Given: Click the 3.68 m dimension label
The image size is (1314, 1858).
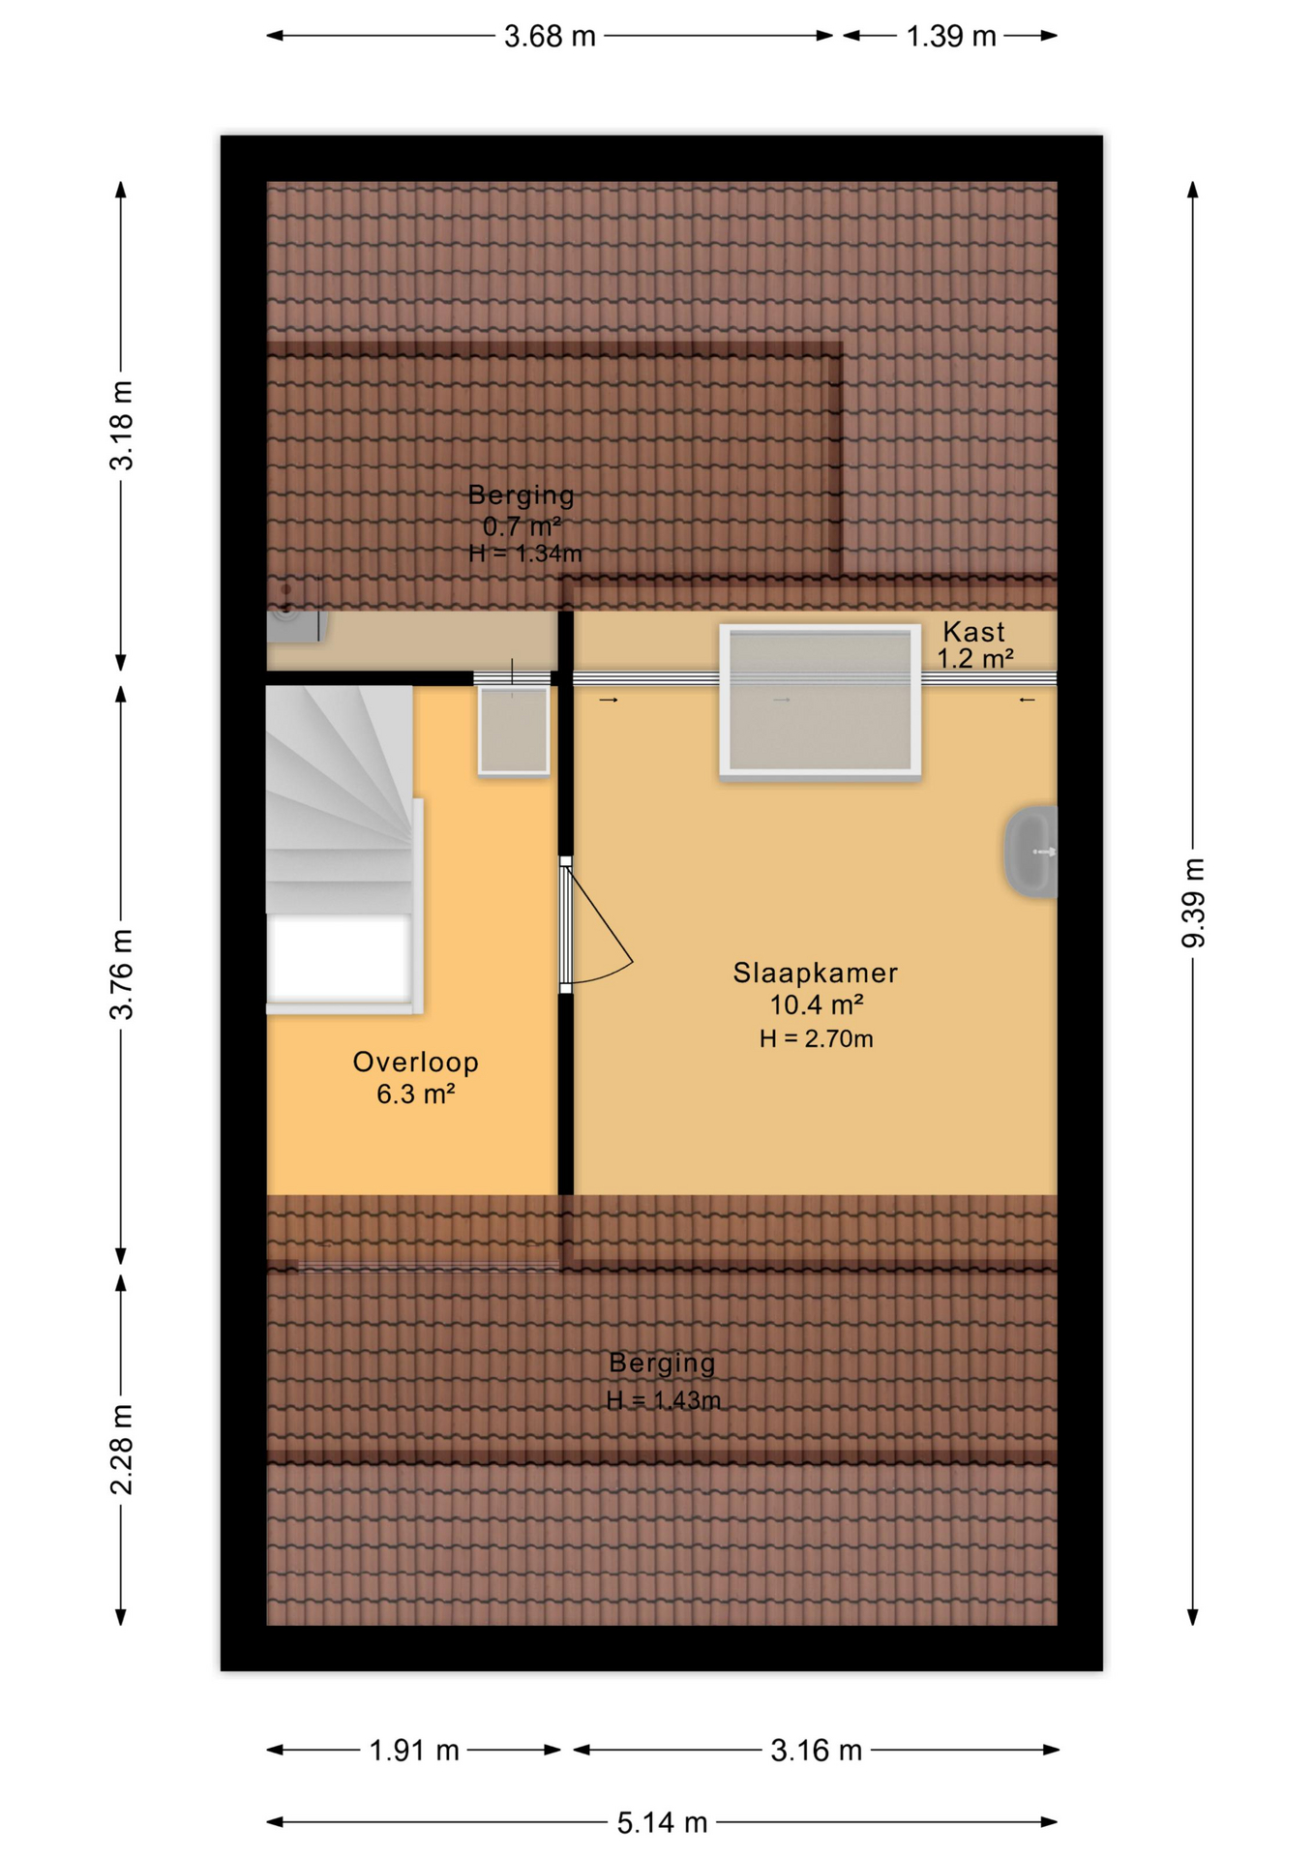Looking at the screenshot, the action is click(549, 37).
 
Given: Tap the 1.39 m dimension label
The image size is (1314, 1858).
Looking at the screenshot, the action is click(950, 37).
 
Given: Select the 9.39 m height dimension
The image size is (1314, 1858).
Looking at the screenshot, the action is click(1193, 902).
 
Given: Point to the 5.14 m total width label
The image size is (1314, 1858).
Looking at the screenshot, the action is click(662, 1823).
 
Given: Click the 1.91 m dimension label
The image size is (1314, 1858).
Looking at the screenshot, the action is click(413, 1750).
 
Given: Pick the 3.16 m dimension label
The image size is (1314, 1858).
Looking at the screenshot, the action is click(816, 1750).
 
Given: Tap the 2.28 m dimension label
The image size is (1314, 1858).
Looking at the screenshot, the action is click(121, 1449).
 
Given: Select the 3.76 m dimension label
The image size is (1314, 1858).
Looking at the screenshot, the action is click(121, 974).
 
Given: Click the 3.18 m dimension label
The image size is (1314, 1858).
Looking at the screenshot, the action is click(121, 426).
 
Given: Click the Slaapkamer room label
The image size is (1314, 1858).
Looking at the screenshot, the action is click(815, 973).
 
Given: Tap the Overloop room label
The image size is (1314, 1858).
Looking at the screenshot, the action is click(415, 1062).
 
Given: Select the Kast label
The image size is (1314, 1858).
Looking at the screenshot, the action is click(973, 632).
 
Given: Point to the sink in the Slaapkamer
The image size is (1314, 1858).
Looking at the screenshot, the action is click(1031, 852).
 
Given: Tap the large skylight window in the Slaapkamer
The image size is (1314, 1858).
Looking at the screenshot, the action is click(820, 701).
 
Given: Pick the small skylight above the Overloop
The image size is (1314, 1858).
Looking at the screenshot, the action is click(514, 731).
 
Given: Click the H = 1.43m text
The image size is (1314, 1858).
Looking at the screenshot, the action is click(663, 1400).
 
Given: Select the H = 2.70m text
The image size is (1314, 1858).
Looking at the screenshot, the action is click(816, 1038).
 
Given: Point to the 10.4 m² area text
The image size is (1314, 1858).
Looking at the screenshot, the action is click(816, 1004).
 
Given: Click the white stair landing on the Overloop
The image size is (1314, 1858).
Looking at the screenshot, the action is click(340, 959).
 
